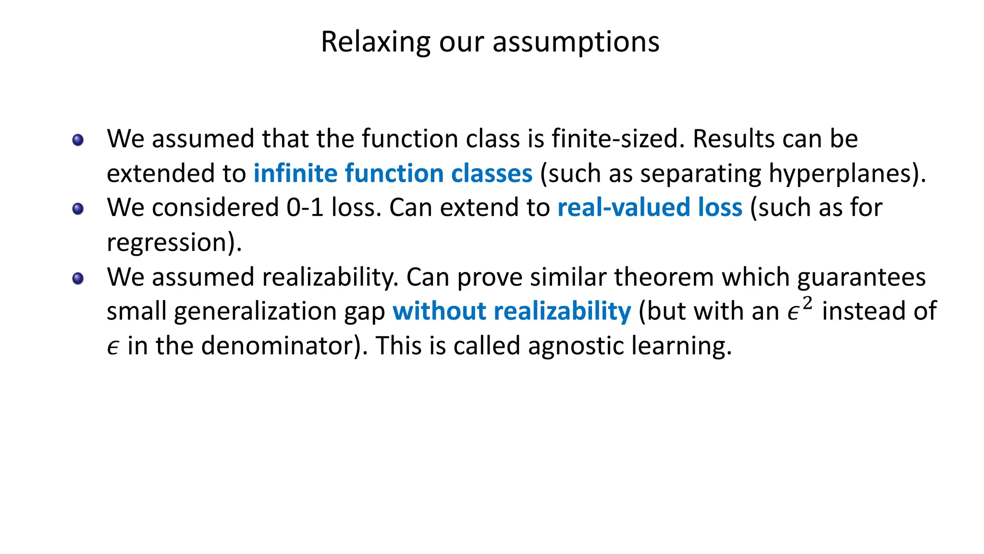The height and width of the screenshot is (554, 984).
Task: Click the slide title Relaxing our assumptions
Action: [490, 42]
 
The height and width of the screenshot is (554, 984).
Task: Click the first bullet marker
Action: [78, 140]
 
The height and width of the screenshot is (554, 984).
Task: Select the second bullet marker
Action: [78, 209]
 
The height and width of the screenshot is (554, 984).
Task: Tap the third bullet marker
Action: [78, 278]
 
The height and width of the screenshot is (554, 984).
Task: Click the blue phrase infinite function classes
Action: [393, 173]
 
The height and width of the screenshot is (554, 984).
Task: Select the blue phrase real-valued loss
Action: [650, 208]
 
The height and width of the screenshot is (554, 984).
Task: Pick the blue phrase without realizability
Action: [511, 311]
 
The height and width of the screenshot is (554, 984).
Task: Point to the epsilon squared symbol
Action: [799, 309]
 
